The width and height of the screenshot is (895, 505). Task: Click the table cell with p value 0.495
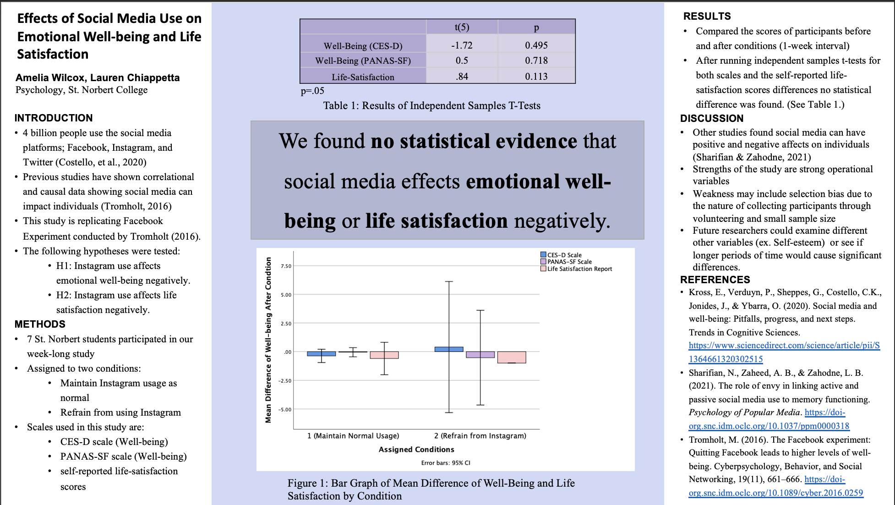click(536, 45)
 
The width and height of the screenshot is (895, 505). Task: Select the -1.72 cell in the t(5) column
click(462, 45)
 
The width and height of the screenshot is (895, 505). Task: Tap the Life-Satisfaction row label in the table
click(363, 77)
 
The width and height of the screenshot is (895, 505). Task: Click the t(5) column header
click(462, 27)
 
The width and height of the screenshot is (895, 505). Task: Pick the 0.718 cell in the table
click(536, 60)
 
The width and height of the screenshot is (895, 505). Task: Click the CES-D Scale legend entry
click(561, 255)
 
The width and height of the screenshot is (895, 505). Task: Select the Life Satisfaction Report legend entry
click(576, 269)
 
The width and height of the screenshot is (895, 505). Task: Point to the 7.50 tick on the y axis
click(286, 266)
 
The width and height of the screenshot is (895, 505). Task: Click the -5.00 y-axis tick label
click(285, 410)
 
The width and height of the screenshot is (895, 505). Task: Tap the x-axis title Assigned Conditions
click(416, 450)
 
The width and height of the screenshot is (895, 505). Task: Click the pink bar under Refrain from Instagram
click(512, 357)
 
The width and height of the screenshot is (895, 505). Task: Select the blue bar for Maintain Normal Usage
click(321, 354)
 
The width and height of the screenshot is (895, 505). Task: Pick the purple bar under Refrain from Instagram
click(480, 355)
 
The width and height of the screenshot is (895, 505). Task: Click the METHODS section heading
click(40, 324)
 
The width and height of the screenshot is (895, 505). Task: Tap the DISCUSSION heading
click(712, 118)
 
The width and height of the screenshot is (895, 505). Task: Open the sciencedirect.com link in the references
click(784, 352)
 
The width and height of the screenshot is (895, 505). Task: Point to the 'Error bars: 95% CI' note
click(446, 463)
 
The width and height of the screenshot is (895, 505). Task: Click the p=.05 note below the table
click(312, 91)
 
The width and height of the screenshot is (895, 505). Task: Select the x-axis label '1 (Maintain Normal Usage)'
click(353, 436)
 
